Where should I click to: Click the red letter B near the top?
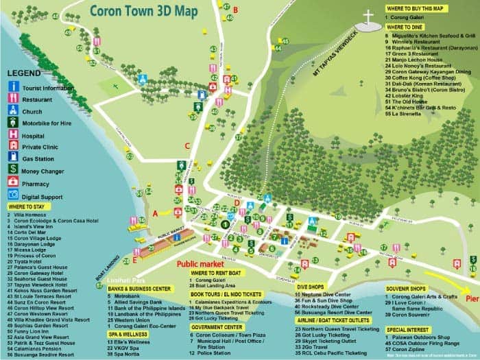click(x=235, y=9)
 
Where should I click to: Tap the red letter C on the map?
click(x=187, y=145)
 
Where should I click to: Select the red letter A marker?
click(x=155, y=213)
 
